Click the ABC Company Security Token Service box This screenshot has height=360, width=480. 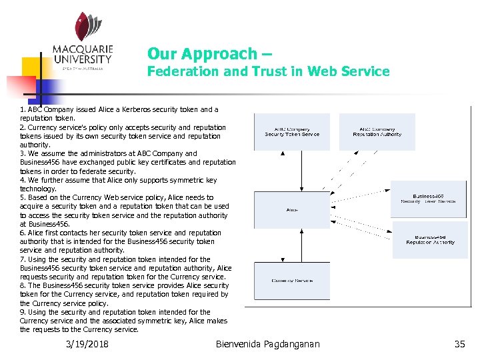point(292,132)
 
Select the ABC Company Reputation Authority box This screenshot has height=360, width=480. point(377,132)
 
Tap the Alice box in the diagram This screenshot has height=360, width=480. point(292,210)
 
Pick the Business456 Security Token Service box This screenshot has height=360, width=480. point(428,199)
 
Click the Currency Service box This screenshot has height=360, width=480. point(292,281)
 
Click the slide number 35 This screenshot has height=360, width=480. point(459,344)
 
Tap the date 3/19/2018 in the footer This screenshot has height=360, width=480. point(87,344)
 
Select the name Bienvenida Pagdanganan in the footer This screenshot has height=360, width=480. point(268,344)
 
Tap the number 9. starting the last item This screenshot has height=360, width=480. point(23,312)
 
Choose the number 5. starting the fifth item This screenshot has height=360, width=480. point(23,197)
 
